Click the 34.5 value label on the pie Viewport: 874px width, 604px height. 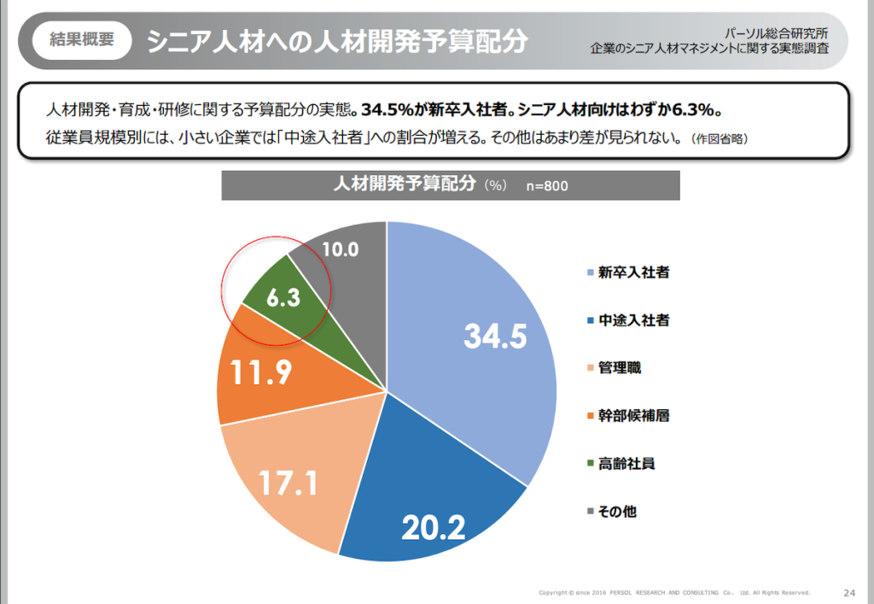pyautogui.click(x=496, y=337)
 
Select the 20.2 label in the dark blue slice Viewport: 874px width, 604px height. pyautogui.click(x=434, y=527)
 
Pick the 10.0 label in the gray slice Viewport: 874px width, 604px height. pyautogui.click(x=341, y=249)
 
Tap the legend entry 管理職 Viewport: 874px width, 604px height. pyautogui.click(x=620, y=368)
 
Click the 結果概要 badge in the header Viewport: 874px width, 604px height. pyautogui.click(x=82, y=39)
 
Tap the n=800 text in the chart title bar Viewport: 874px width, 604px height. pyautogui.click(x=546, y=186)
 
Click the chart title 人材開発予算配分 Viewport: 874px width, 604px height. pyautogui.click(x=403, y=185)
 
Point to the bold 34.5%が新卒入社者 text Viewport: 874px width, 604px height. pyautogui.click(x=430, y=111)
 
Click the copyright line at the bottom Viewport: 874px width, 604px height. pyautogui.click(x=674, y=592)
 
